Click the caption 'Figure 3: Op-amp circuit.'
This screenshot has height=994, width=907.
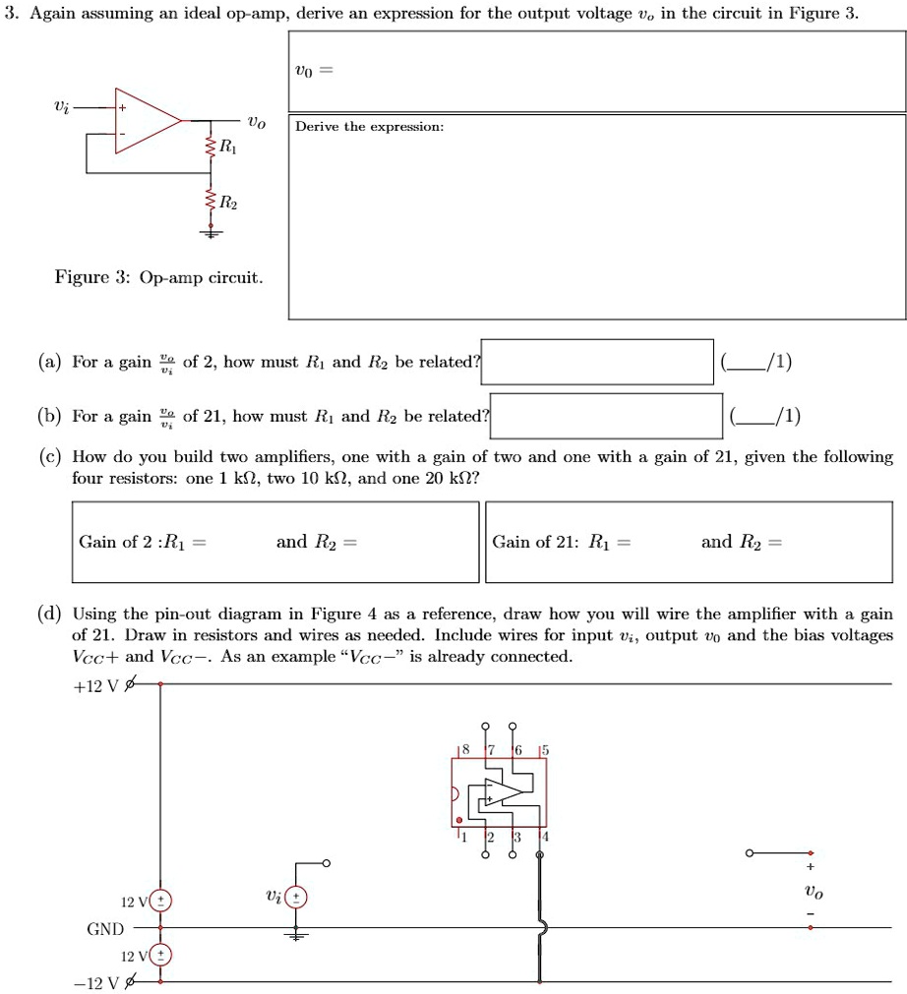pos(158,277)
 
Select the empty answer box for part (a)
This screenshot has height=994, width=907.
pos(597,361)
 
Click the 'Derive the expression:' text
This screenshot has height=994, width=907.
pos(370,127)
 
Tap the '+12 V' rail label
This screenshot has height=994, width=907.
pos(94,686)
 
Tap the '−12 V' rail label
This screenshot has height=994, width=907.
pos(94,982)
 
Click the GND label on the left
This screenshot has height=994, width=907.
pos(105,928)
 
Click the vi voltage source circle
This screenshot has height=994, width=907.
pos(296,897)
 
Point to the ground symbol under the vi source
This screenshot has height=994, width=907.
pos(296,935)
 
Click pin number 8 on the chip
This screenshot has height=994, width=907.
pos(466,749)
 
